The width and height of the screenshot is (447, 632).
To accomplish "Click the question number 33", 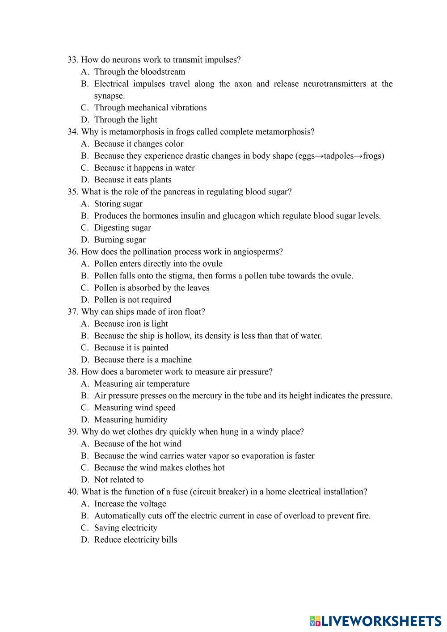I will tap(73, 60).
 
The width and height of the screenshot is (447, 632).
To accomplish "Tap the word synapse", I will tap(109, 96).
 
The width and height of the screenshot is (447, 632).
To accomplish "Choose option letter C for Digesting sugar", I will tap(85, 228).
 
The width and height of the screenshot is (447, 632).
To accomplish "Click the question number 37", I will tap(73, 312).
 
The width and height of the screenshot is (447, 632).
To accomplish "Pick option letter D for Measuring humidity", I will tap(85, 420).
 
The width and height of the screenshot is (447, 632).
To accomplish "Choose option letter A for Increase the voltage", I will tap(85, 504).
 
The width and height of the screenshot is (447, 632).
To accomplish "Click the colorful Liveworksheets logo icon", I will tap(315, 621).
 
